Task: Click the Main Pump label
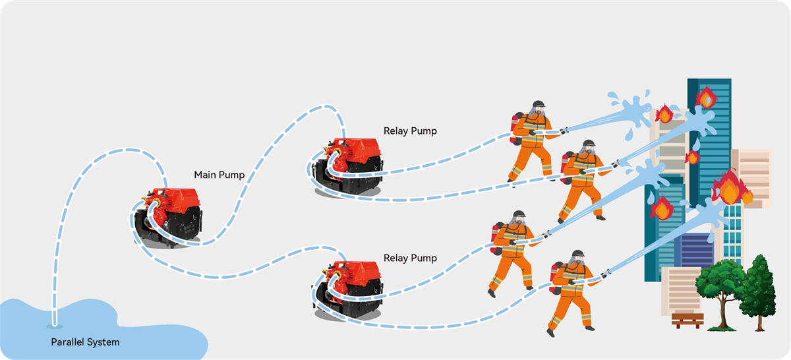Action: pos(219,175)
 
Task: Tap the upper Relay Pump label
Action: pos(409,131)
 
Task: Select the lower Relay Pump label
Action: pos(409,258)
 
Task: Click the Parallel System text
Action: pos(85,342)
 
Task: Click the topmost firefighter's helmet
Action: pos(539,104)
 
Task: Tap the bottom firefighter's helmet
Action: pos(578,255)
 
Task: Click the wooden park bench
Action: pos(687,320)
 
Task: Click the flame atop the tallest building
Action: pos(706,98)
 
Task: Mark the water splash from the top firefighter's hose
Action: pos(630,109)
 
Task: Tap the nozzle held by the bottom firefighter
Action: pos(604,271)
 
